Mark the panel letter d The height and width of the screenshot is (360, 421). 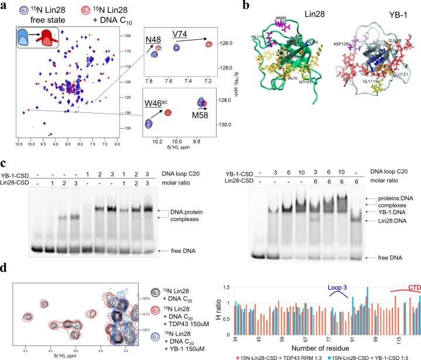(5, 271)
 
